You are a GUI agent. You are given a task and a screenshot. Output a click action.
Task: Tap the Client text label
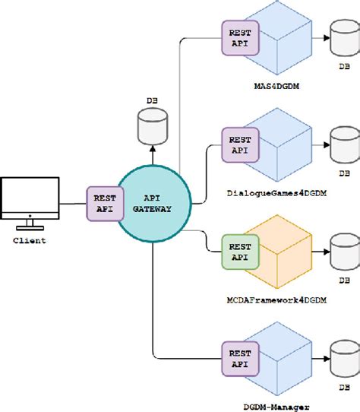click(x=30, y=240)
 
